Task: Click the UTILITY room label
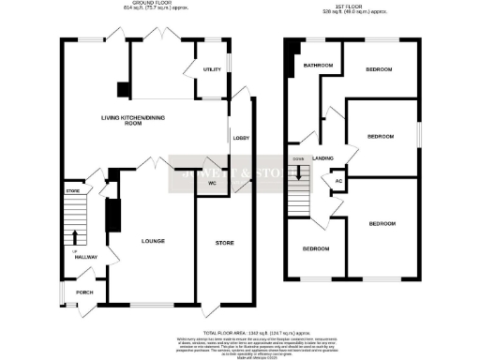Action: pos(211,69)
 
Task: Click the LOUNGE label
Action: pos(153,241)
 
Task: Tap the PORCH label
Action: pos(84,291)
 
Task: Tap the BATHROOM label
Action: pos(318,66)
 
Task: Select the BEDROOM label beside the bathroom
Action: pos(379,69)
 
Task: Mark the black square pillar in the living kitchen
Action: pos(123,90)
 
